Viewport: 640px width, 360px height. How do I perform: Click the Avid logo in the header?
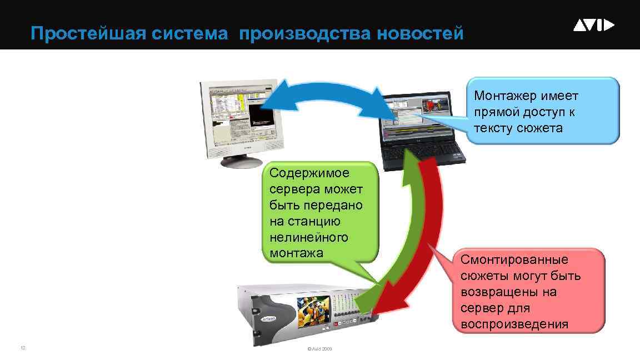point(593,25)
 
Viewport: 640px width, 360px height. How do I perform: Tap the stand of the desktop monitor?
point(242,160)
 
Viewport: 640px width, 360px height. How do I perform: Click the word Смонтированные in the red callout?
point(514,259)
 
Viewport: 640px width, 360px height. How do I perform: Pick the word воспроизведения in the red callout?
point(514,324)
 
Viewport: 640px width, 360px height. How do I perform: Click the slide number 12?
point(23,348)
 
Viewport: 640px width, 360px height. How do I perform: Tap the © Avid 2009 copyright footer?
point(319,349)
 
